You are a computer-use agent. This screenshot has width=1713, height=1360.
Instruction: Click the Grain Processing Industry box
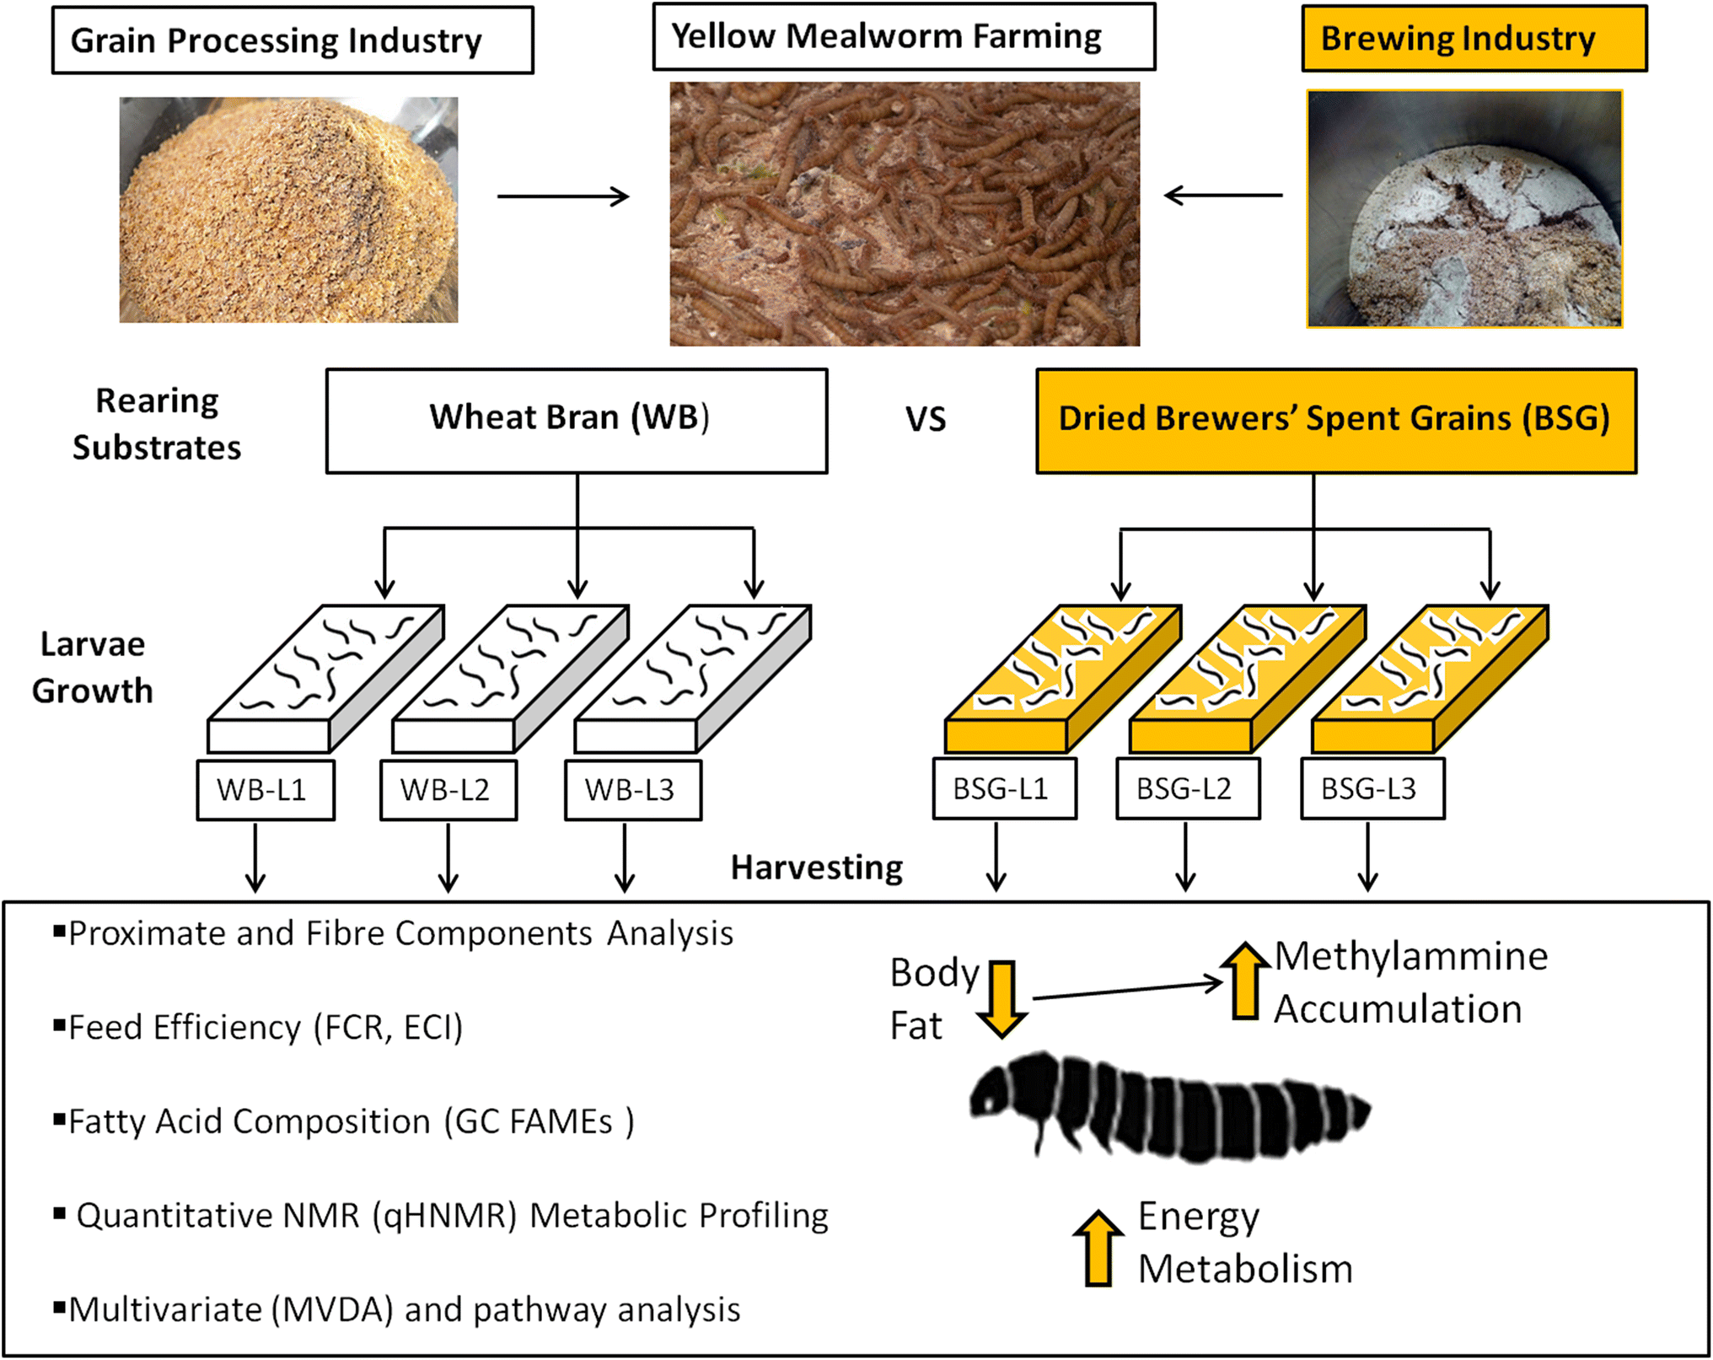pyautogui.click(x=293, y=40)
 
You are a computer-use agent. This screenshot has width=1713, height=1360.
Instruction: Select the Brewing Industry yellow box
pyautogui.click(x=1474, y=39)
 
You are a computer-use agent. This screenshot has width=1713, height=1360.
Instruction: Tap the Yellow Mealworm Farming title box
pyautogui.click(x=904, y=37)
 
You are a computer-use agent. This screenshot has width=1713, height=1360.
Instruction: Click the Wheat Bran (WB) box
pyautogui.click(x=577, y=420)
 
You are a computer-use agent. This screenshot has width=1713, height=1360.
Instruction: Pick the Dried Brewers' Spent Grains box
pyautogui.click(x=1335, y=420)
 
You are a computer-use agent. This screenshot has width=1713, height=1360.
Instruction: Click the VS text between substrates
pyautogui.click(x=926, y=420)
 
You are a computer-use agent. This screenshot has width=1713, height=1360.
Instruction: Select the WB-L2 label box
pyautogui.click(x=448, y=790)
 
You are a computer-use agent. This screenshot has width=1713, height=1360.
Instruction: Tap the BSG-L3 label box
pyautogui.click(x=1372, y=788)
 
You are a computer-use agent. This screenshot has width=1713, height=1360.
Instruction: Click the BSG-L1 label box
pyautogui.click(x=1003, y=788)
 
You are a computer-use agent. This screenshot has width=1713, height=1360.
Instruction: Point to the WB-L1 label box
pyautogui.click(x=265, y=790)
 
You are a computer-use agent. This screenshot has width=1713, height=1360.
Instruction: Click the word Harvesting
pyautogui.click(x=816, y=868)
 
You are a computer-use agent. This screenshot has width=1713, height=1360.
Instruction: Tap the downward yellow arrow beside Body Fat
pyautogui.click(x=1001, y=998)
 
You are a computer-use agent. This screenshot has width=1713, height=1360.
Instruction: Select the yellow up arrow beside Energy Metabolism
pyautogui.click(x=1098, y=1249)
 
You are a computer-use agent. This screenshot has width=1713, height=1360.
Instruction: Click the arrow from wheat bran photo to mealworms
pyautogui.click(x=563, y=196)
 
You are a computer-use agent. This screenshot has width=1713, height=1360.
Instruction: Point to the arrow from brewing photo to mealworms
pyautogui.click(x=1222, y=196)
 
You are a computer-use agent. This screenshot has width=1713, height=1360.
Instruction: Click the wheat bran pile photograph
pyautogui.click(x=288, y=210)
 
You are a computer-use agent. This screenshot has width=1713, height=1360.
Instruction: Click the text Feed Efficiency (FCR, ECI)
pyautogui.click(x=266, y=1028)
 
